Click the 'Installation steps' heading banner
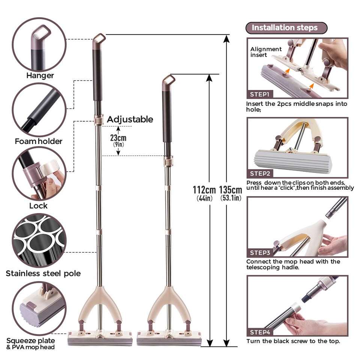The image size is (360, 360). pos(286,28)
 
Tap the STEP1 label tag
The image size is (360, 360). pos(259,94)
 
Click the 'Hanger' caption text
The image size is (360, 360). pos(40,75)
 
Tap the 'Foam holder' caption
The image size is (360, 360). pos(39,141)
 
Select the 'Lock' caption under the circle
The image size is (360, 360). pos(38,206)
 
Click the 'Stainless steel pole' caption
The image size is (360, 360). pos(43,273)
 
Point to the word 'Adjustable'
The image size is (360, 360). pos(130,120)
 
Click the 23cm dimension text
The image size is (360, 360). pos(118,138)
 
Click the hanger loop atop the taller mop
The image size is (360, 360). pos(99,37)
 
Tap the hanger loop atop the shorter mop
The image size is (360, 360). pos(168,79)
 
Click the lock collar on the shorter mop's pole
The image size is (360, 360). pos(169,161)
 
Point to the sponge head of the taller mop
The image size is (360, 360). pos(100,341)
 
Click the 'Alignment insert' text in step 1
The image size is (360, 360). pos(265,52)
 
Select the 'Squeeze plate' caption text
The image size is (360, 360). pos(30,340)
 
